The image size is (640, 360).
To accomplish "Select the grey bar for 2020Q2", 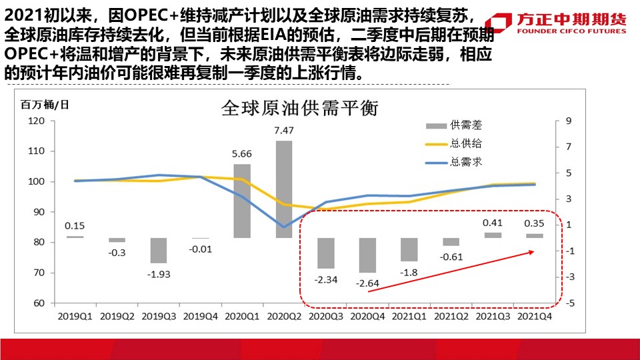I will click(x=283, y=189).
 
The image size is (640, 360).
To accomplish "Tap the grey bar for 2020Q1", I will click(x=242, y=201).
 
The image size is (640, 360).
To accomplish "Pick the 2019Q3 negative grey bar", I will click(x=158, y=250).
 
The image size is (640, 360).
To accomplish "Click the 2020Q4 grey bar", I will click(x=367, y=255).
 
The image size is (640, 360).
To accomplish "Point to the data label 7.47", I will click(x=283, y=130).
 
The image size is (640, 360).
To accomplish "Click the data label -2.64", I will click(x=367, y=283).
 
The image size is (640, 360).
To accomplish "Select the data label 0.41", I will click(x=493, y=223).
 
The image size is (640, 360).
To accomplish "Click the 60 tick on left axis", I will click(x=39, y=303).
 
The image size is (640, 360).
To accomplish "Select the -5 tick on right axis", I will click(x=569, y=303).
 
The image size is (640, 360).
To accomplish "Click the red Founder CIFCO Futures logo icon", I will click(x=500, y=22).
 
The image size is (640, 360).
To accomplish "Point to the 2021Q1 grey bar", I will click(x=409, y=249).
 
